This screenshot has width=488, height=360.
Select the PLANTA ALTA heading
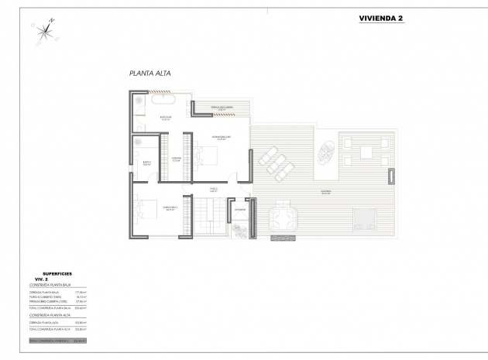pyautogui.click(x=149, y=74)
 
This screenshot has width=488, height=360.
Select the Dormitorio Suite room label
pyautogui.click(x=221, y=138)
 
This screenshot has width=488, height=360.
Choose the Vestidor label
pyautogui.click(x=176, y=159)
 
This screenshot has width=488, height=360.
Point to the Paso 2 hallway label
pyautogui.click(x=215, y=190)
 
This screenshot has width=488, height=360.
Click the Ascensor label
pyautogui.click(x=241, y=209)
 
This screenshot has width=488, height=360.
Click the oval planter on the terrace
pyautogui.click(x=325, y=149)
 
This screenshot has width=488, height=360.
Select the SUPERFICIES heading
pyautogui.click(x=58, y=273)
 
